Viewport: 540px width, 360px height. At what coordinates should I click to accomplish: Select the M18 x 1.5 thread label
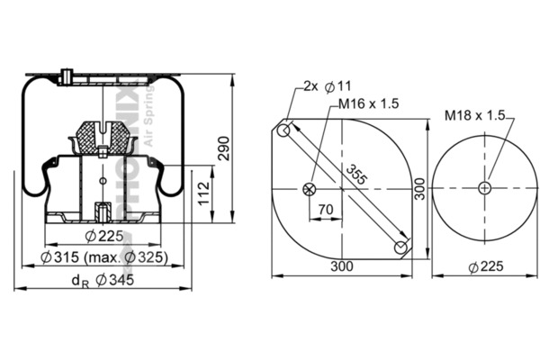475,115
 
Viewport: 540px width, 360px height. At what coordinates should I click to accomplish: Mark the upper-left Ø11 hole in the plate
285,131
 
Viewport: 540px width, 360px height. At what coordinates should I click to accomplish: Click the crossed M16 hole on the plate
310,188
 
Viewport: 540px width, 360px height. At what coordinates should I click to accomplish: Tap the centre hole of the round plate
485,187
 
